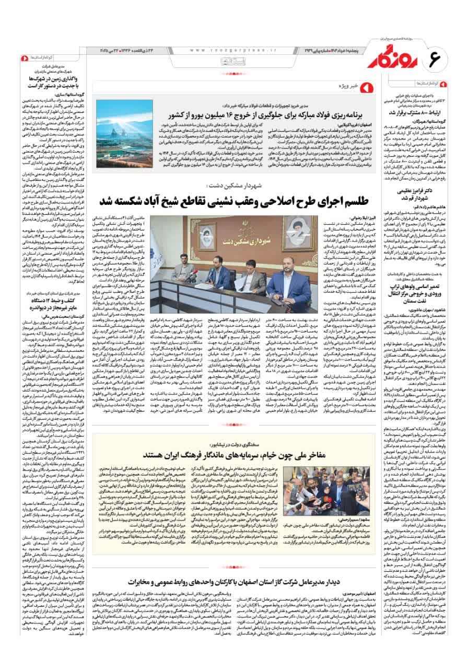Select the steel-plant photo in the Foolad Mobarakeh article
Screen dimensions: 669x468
pyautogui.click(x=116, y=133)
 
